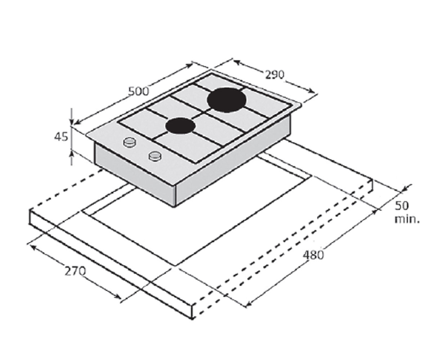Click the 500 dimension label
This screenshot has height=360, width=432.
coord(138,91)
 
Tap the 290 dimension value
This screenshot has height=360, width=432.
coord(275,75)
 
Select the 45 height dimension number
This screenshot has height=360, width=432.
coord(61,137)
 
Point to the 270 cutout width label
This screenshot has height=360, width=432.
coord(75,271)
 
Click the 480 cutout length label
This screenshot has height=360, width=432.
coord(313,255)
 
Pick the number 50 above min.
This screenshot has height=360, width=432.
coord(402,206)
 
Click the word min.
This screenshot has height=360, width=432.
coord(407,219)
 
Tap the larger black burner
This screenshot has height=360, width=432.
coord(226,100)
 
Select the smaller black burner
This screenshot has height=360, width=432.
coord(180,126)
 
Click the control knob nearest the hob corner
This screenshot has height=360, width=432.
coord(130,142)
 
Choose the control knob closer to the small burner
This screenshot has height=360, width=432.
coord(155,156)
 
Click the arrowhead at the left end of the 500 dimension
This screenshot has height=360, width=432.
coord(77,122)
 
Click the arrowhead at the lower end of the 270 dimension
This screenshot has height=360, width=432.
coord(118,297)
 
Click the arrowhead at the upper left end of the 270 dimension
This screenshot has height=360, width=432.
coord(33,247)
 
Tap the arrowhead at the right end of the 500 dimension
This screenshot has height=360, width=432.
coord(189,66)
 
